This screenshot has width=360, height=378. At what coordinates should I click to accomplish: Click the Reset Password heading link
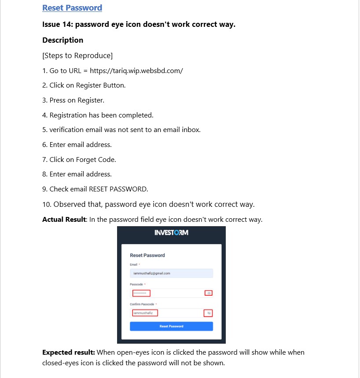(72, 8)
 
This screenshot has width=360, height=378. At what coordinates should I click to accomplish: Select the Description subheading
(62, 40)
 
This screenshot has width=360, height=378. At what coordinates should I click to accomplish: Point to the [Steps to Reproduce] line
(77, 55)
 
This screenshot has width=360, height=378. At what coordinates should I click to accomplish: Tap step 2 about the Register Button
(84, 85)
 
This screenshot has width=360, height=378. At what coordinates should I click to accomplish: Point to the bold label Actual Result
(63, 219)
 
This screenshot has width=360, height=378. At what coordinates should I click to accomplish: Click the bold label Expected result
(68, 352)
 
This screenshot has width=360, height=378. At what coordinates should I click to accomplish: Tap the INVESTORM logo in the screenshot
(171, 232)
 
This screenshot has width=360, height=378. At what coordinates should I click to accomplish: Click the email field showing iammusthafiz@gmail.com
(171, 273)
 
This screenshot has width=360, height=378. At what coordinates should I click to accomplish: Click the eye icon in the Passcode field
(209, 293)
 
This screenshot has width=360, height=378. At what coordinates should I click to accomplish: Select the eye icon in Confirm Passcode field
(209, 313)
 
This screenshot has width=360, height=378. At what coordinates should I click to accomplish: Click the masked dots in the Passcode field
(141, 293)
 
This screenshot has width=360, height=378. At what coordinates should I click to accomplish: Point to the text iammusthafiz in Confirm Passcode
(144, 313)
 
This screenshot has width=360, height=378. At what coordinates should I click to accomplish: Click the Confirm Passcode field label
(142, 304)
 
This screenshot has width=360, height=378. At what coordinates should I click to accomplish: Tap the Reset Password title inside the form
(147, 255)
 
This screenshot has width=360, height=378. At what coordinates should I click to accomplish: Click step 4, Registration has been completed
(98, 115)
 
